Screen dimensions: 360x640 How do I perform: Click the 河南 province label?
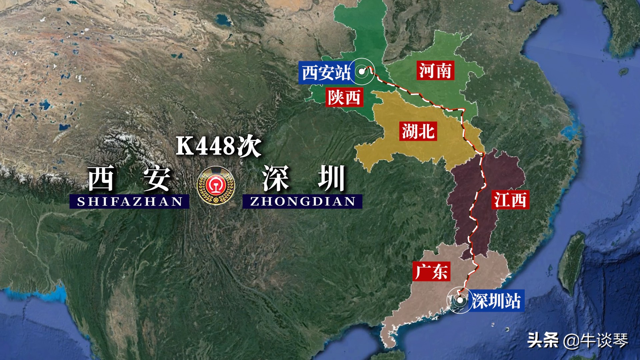[435, 71]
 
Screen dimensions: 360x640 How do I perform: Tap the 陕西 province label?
[344, 97]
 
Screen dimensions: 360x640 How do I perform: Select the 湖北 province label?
[418, 131]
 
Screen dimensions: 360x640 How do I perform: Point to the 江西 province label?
[510, 200]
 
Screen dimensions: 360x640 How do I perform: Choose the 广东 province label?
[431, 271]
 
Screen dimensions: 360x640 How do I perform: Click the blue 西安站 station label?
[325, 72]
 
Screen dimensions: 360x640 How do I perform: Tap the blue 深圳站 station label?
[496, 301]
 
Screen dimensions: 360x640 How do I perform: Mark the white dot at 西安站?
[362, 71]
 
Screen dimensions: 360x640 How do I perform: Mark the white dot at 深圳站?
[460, 300]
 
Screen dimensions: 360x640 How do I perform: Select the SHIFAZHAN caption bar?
[129, 202]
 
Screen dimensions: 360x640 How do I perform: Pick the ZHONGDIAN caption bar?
[302, 202]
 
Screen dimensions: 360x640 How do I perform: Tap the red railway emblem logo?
[216, 185]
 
